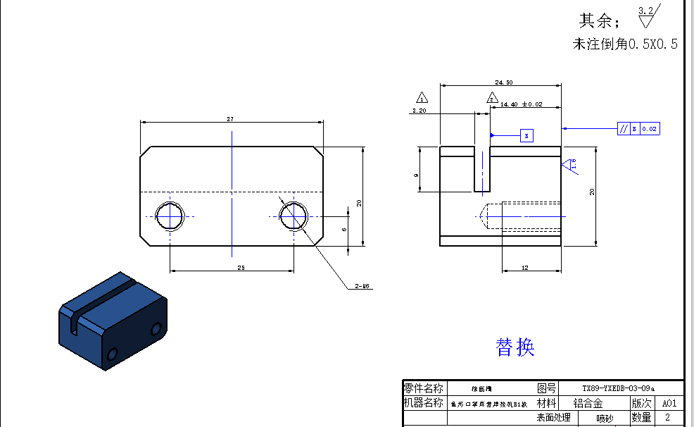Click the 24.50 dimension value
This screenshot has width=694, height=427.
[503, 82]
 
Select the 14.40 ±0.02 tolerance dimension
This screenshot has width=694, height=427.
[521, 104]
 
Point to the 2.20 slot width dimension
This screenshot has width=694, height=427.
[419, 111]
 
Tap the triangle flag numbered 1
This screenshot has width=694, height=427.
[422, 97]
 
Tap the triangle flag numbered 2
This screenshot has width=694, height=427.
[491, 98]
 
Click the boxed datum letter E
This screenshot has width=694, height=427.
[526, 135]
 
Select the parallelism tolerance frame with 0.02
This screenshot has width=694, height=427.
[638, 129]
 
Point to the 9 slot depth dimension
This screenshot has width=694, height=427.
[417, 175]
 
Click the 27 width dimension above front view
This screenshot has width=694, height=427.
[230, 119]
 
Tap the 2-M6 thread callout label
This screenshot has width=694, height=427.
[362, 286]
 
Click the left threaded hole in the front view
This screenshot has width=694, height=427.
[169, 216]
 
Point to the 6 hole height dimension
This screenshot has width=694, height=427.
[344, 228]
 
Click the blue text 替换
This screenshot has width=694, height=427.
[515, 347]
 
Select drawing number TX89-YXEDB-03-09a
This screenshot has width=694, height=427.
[618, 388]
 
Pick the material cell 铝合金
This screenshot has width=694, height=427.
[588, 403]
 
